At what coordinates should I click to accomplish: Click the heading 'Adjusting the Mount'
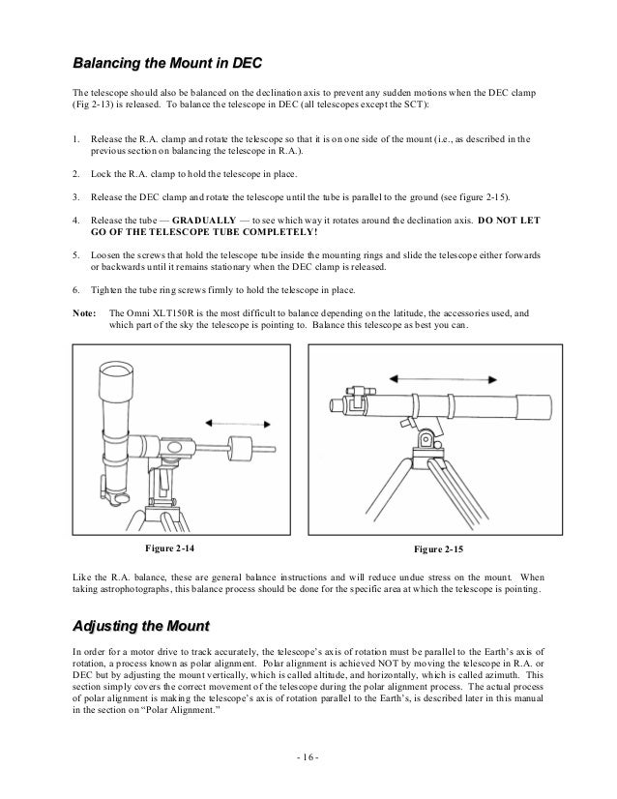point(141,624)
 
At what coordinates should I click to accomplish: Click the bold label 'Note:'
point(84,313)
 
